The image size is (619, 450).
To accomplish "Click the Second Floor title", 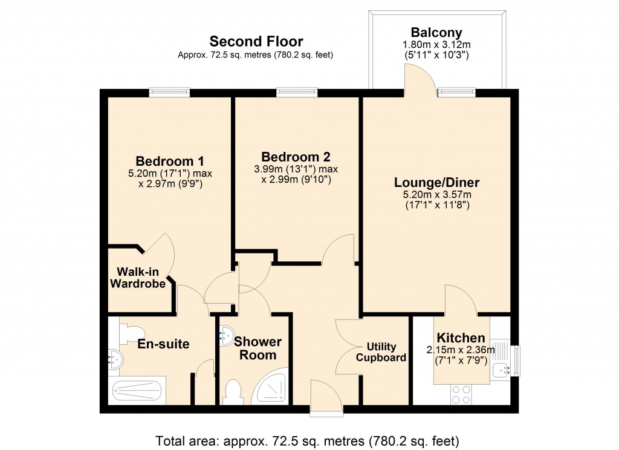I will click(256, 42).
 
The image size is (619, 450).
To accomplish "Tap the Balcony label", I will click(436, 33).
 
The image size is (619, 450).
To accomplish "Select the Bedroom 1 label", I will click(169, 161).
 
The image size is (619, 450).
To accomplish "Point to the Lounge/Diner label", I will click(437, 182).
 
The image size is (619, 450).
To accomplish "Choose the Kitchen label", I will click(461, 338).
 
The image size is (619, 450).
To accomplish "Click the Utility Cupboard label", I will click(381, 352).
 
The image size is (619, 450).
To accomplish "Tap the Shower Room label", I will click(258, 348).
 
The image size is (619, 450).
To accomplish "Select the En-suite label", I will click(163, 344).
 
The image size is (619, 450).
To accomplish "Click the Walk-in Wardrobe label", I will click(141, 277).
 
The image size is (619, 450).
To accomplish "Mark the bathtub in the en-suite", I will click(138, 392).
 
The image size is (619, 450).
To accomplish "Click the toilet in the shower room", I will click(233, 391).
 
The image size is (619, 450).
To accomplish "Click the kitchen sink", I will click(501, 369).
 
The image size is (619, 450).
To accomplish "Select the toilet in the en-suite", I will click(131, 331).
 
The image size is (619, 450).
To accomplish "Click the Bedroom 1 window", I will click(169, 93).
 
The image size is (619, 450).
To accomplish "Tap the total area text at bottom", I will click(308, 440).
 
